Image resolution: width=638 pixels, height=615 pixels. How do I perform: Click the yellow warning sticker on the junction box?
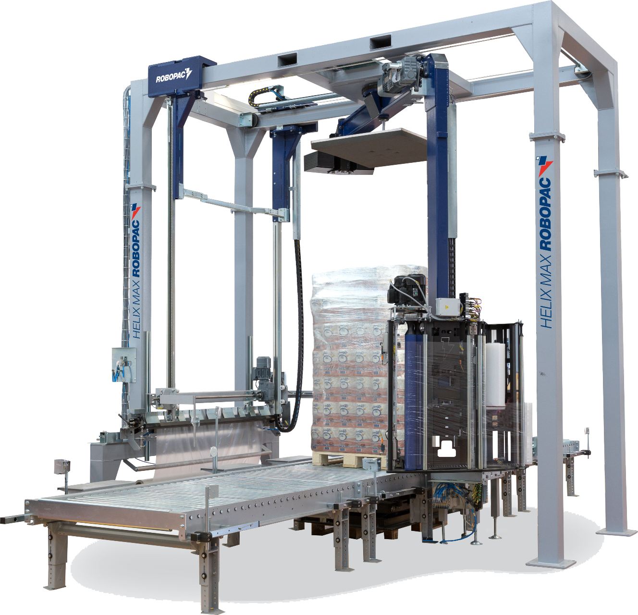(x=446, y=307)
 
